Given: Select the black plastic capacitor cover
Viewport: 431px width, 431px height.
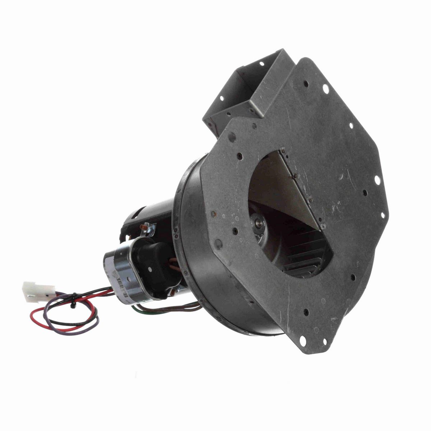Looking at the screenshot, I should (156, 262).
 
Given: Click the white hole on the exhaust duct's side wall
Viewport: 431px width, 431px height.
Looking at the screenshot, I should (222, 98).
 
